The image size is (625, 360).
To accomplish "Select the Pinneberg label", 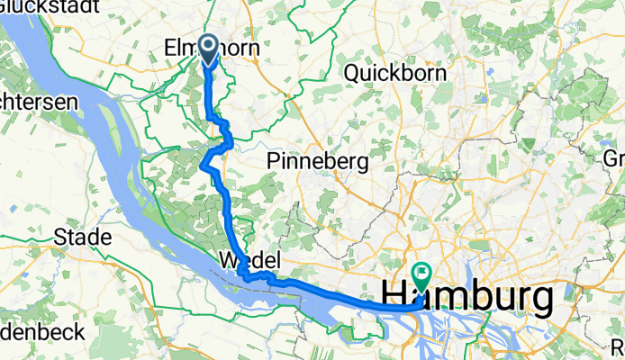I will pos(319,161).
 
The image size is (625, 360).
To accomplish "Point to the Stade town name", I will pos(82,238).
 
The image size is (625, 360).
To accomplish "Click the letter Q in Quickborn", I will pos(351,73).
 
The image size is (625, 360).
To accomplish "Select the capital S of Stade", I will pos(60,238).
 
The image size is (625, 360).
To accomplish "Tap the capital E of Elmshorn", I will pos(172,47).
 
